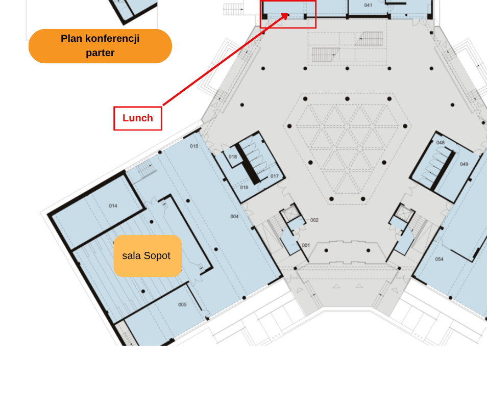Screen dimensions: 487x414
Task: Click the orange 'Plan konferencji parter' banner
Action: tap(100, 46)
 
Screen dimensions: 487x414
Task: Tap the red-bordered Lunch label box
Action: tap(138, 118)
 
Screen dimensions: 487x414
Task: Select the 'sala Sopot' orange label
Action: tap(148, 256)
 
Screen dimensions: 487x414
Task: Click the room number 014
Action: tap(113, 205)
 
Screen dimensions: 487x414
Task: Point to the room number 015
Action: tap(194, 146)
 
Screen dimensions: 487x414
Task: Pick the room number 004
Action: tap(234, 217)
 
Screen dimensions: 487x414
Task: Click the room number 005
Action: tap(182, 304)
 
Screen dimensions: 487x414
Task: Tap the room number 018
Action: tap(233, 157)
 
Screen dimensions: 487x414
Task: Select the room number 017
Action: tap(275, 176)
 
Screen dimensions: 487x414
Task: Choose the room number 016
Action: tap(244, 187)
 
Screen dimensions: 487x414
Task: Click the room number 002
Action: tap(314, 220)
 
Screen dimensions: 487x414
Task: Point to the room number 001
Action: tap(306, 245)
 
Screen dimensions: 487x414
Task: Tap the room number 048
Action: tap(441, 143)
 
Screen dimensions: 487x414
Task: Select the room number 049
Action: tap(464, 164)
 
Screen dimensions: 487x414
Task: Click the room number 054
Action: tap(439, 259)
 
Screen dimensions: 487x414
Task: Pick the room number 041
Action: tap(368, 5)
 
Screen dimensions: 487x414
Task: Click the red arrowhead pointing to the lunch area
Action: tap(284, 16)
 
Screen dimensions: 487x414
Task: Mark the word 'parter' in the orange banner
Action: tap(100, 53)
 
